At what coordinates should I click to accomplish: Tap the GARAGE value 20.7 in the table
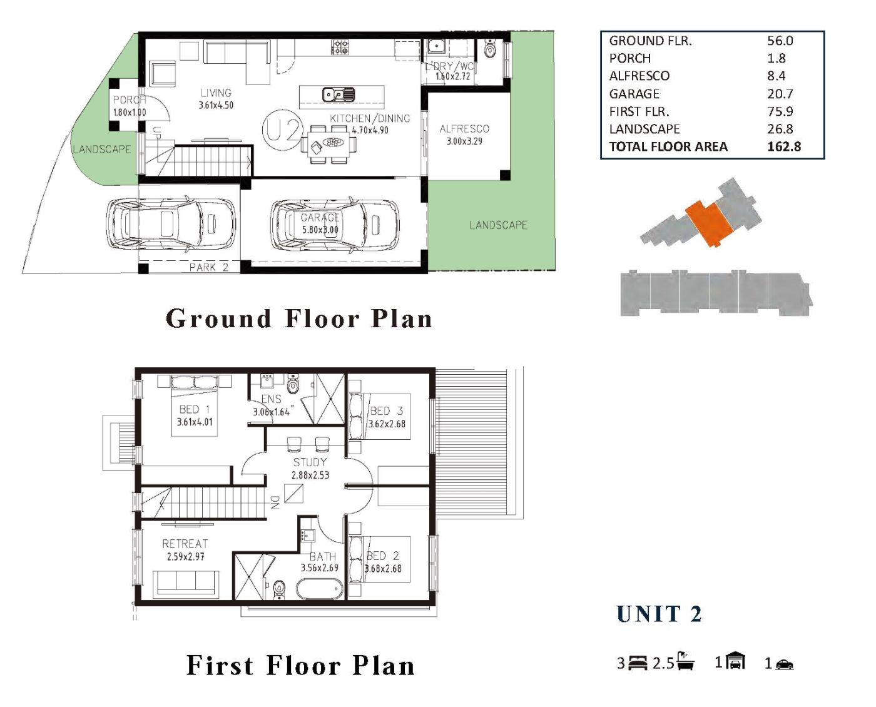tap(780, 94)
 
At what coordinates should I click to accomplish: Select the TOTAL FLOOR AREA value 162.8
tap(784, 146)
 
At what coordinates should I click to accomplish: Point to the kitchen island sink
tap(339, 94)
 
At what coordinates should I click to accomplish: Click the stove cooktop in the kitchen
tap(340, 47)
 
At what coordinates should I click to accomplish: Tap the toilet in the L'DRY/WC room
tap(490, 49)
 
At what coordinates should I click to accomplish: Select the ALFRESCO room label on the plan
tap(464, 129)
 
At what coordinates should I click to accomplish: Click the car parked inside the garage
tap(334, 225)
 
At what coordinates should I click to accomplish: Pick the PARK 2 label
tap(209, 267)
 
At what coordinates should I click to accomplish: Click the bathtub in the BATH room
tap(319, 589)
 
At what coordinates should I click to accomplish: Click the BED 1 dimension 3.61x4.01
tap(195, 422)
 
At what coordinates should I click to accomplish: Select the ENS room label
tap(272, 399)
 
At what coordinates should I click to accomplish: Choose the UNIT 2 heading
tap(659, 614)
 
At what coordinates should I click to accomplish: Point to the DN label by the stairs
tap(275, 502)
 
